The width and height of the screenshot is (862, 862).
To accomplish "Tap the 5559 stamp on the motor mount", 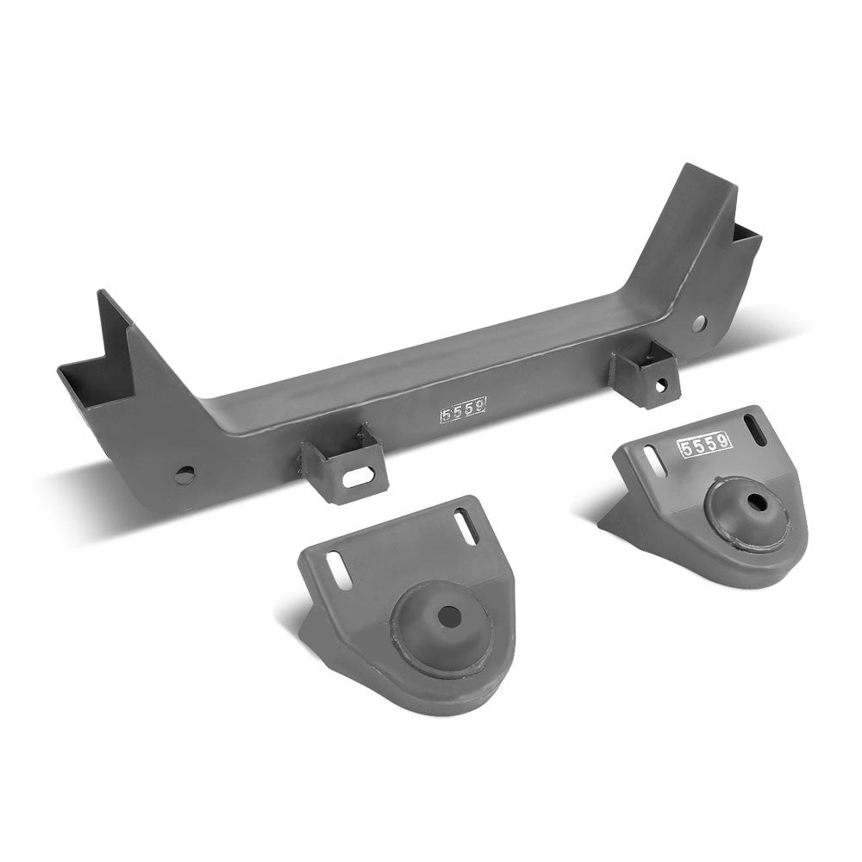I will [x=705, y=444].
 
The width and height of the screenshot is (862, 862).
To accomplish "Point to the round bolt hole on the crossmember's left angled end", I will [x=184, y=475].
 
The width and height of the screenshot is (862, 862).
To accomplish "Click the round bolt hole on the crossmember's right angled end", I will [x=699, y=323].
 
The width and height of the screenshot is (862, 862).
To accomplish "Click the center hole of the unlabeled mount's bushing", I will [x=447, y=616].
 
